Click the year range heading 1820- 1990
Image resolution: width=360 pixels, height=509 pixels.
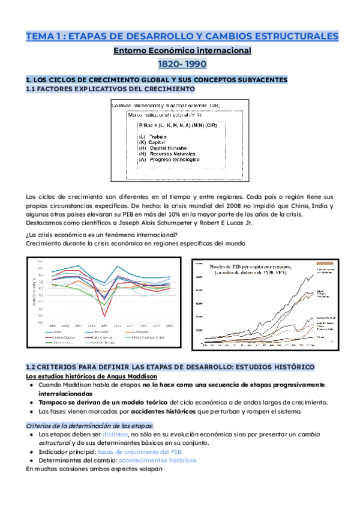(179, 65)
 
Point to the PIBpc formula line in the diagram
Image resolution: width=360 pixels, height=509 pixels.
(178, 125)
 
